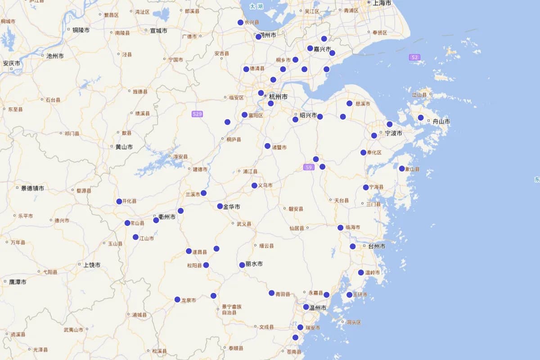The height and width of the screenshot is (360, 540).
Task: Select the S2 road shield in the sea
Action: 414,57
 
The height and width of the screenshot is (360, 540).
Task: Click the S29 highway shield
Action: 197,114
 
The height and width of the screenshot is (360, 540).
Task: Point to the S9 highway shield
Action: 308,167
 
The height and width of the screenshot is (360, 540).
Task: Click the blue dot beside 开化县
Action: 119,202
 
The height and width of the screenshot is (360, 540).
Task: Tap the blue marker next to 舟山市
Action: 421,118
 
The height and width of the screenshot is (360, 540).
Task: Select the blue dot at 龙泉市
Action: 177,300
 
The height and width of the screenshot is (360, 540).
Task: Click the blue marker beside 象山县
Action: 402,169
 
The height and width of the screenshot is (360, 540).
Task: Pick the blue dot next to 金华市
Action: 220,207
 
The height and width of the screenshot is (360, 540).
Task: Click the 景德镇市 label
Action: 32,188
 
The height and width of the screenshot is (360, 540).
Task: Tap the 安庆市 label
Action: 12,63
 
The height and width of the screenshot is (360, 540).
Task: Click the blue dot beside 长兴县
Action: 240,22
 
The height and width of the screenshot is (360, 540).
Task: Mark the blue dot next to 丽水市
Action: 242,265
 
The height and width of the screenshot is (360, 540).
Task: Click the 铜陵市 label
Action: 81,30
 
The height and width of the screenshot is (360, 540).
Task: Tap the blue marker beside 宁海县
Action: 366,188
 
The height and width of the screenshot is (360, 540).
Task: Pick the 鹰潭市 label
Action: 18,282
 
